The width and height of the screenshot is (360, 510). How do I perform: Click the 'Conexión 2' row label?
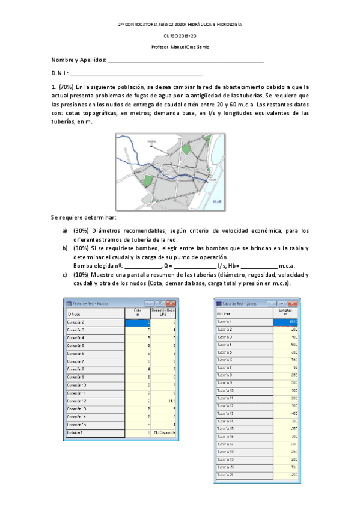75,323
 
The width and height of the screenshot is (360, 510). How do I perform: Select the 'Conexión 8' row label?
75,369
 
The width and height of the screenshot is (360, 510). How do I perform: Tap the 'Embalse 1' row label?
75,432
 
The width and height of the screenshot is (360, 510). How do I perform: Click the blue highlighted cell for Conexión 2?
136,323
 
